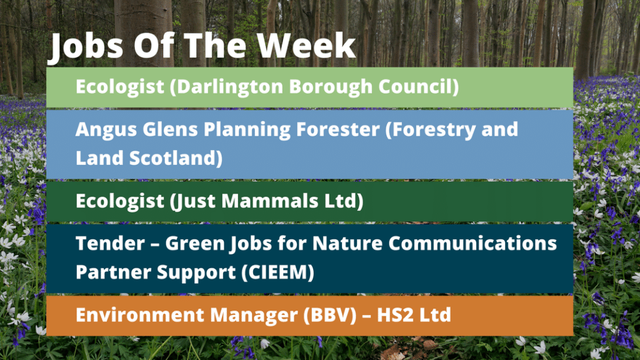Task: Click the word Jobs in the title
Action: (x=86, y=46)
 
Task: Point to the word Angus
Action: (x=106, y=130)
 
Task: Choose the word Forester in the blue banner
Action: (x=338, y=129)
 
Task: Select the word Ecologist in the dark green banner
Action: (x=120, y=201)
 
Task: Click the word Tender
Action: (x=110, y=243)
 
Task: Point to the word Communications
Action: (x=472, y=243)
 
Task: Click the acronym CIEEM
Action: (x=277, y=272)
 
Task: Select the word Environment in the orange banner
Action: (x=140, y=315)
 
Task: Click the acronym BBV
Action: (x=330, y=315)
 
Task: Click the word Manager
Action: (x=254, y=316)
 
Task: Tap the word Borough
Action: (x=331, y=87)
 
